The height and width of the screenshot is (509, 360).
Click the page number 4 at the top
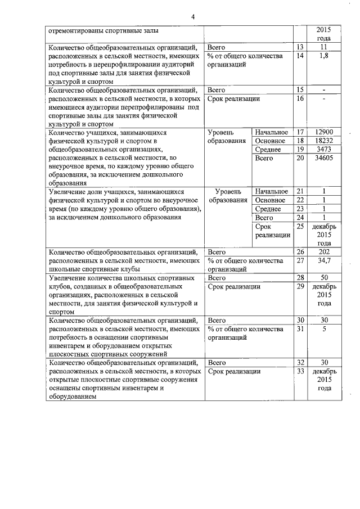click(x=192, y=16)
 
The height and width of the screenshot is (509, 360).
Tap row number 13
click(x=300, y=47)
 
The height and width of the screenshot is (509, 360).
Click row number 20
click(x=300, y=159)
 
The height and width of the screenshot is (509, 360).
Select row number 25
click(x=300, y=226)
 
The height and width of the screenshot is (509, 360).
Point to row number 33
click(x=300, y=371)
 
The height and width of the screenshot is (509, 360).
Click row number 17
click(x=300, y=132)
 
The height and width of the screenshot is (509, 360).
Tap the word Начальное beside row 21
click(x=271, y=191)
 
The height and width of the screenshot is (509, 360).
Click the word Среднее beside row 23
click(x=268, y=209)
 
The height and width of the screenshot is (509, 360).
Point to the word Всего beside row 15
click(x=217, y=89)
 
